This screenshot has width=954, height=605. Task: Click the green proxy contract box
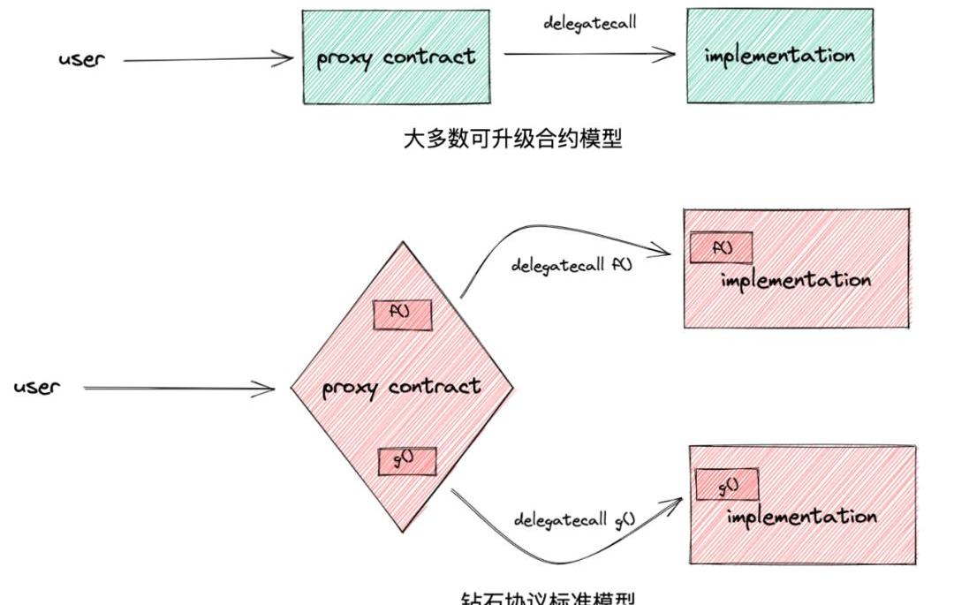coord(396,57)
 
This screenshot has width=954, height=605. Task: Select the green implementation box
coord(780,56)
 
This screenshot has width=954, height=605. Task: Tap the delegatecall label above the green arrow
coord(589,22)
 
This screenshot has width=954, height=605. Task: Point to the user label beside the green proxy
coord(81,60)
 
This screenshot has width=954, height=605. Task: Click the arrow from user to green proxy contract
coord(208,59)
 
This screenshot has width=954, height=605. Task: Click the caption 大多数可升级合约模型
coord(512,139)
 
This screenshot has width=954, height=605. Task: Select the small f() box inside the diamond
coord(402,314)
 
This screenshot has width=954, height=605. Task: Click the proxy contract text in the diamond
coord(401,387)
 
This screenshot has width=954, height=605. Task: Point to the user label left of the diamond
coord(37,387)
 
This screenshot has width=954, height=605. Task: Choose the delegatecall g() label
coord(575,518)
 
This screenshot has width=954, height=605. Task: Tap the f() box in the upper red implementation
coord(721,249)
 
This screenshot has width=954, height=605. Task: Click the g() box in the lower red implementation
coord(728,485)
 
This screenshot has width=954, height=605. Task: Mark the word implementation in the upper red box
coord(795,281)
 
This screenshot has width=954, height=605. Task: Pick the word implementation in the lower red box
coord(801,516)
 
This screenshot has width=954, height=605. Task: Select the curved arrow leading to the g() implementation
coord(565,552)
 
